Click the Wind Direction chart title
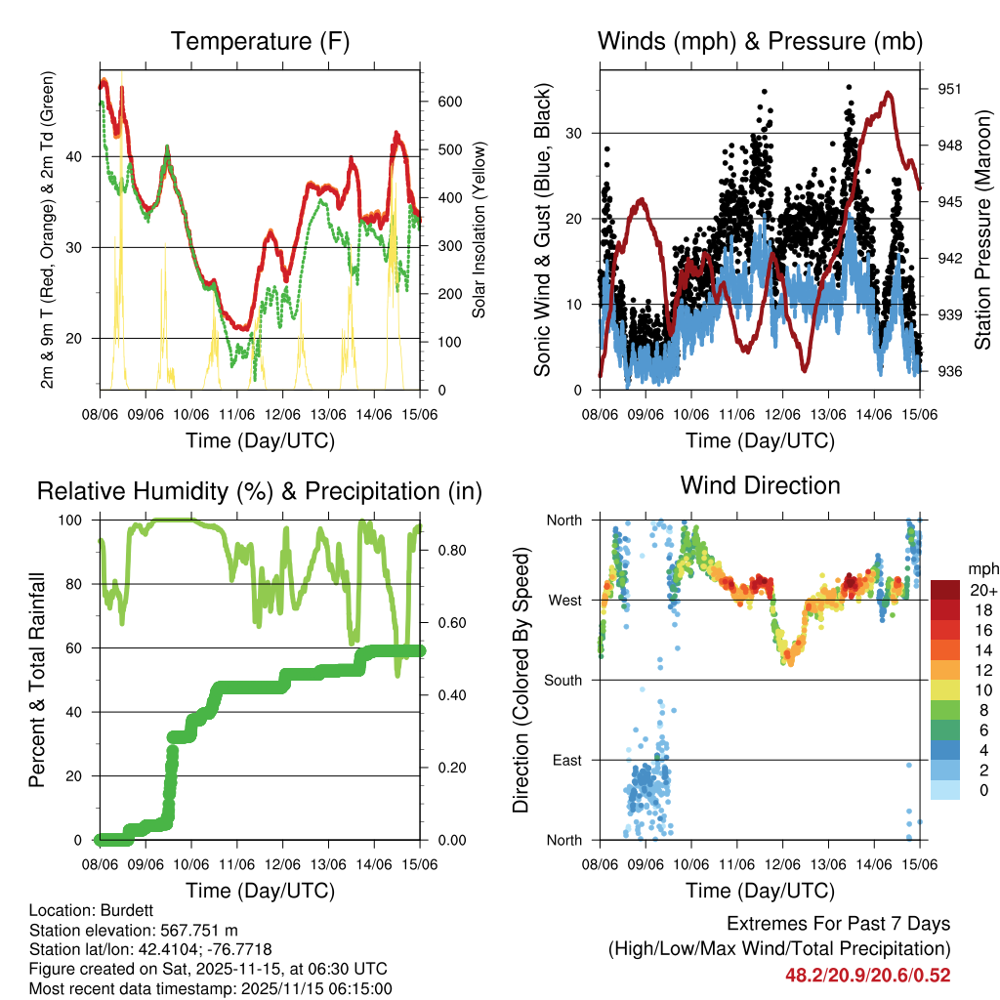tap(760, 484)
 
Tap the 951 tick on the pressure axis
tap(951, 89)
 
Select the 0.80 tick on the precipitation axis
tap(448, 551)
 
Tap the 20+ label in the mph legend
tap(981, 590)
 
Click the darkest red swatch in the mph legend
tap(945, 590)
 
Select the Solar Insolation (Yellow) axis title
tap(479, 229)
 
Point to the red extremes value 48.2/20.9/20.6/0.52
tap(867, 975)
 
